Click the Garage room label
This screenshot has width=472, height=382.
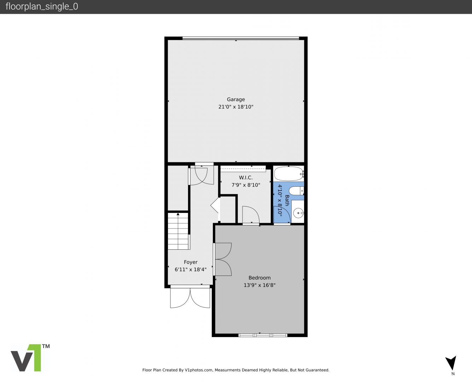236,99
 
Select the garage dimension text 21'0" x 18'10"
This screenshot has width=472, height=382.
236,107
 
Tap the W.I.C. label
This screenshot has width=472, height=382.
246,178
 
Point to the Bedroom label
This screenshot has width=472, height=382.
260,278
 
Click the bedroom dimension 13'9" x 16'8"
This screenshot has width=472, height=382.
260,285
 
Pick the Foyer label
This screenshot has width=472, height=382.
191,262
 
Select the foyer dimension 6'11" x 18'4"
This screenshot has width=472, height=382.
191,270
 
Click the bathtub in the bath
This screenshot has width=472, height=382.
288,174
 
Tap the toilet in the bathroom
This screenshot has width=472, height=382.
296,191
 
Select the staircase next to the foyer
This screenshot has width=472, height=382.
178,232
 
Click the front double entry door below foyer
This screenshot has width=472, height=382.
190,297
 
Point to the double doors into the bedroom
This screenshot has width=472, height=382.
223,259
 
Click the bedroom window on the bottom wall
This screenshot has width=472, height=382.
263,335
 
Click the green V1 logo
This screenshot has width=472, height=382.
30,358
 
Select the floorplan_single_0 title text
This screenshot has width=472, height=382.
42,7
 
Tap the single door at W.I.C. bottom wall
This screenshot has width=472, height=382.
251,215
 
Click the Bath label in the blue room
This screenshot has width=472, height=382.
287,201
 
